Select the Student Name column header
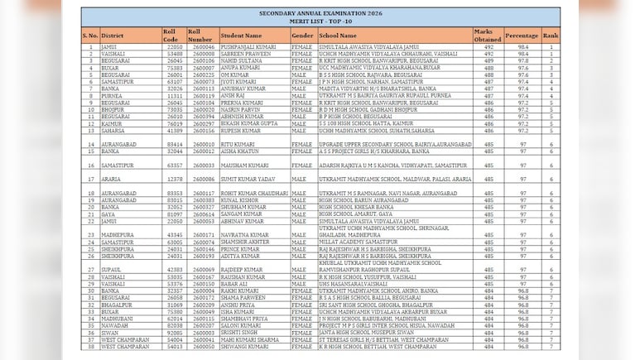coord(242,36)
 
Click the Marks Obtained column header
coord(488,35)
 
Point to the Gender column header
coord(302,36)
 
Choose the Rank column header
coord(551,36)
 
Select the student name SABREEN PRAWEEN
coord(245,54)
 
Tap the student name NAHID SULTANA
coord(242,60)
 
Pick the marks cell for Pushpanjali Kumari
coord(488,47)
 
